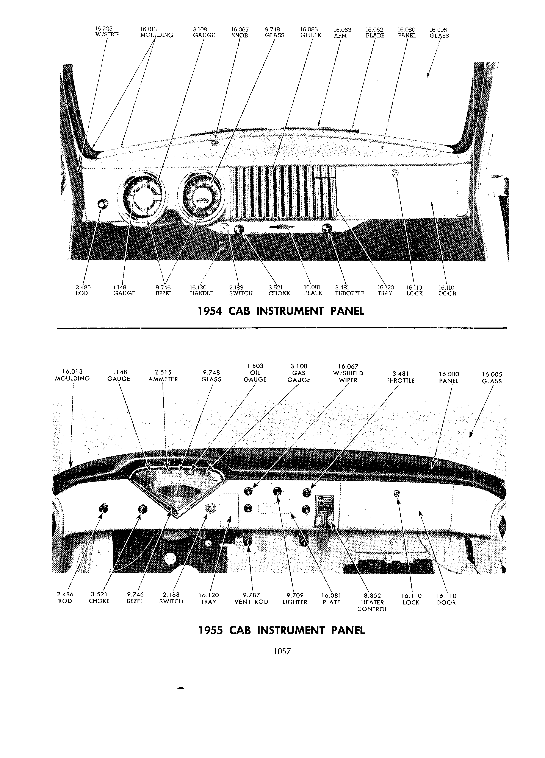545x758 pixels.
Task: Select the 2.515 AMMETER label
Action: coord(163,376)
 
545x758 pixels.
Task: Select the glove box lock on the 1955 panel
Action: coord(397,493)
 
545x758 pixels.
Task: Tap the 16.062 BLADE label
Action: coord(375,33)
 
